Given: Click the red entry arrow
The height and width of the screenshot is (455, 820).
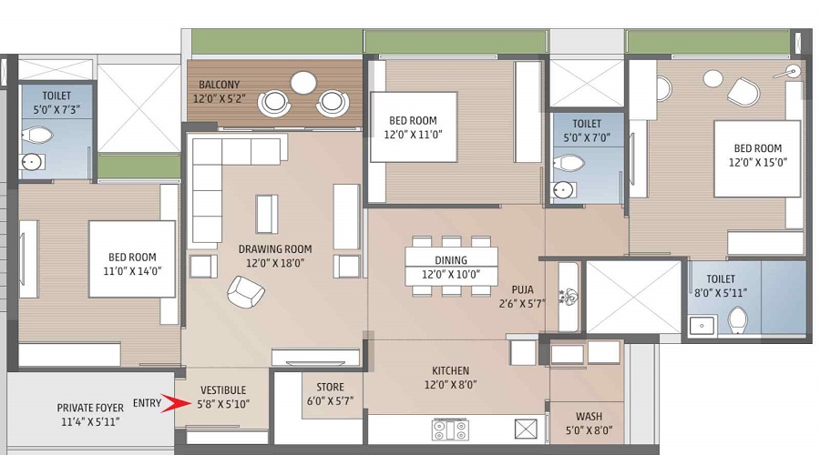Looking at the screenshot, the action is (177, 403).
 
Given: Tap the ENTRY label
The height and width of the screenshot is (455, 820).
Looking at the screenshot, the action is (147, 403).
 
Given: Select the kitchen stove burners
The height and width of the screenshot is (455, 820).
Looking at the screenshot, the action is (450, 430).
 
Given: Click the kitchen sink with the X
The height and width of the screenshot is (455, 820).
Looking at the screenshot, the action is (526, 430).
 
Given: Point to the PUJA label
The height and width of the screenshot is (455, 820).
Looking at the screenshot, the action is (522, 289).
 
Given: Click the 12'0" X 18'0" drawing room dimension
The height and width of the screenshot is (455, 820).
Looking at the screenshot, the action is (275, 263).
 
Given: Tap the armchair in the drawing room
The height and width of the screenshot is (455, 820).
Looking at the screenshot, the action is (245, 291).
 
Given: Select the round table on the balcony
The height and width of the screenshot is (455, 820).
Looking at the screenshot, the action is (303, 83).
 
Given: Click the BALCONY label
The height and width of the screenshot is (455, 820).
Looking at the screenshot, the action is (219, 85).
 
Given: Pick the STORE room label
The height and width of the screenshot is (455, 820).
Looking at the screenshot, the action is (330, 387).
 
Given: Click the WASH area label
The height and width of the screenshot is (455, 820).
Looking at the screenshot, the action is (589, 417).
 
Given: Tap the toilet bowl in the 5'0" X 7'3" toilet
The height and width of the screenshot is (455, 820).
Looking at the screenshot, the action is (37, 136).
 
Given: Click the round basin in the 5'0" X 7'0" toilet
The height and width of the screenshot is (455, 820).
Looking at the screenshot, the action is (563, 189).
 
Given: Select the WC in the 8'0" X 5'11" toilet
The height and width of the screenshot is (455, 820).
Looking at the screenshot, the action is (737, 319).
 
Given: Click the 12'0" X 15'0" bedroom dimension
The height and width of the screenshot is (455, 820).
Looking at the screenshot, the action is (758, 163).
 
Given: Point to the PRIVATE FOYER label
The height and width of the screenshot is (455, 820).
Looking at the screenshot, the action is (90, 408).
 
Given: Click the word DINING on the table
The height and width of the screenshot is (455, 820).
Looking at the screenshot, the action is (451, 260).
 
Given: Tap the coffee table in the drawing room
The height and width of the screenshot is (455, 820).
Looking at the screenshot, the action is (267, 214).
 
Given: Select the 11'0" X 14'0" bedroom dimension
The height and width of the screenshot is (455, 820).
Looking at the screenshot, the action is (132, 271).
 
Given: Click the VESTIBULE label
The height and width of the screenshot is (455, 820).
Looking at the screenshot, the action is (223, 390).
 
